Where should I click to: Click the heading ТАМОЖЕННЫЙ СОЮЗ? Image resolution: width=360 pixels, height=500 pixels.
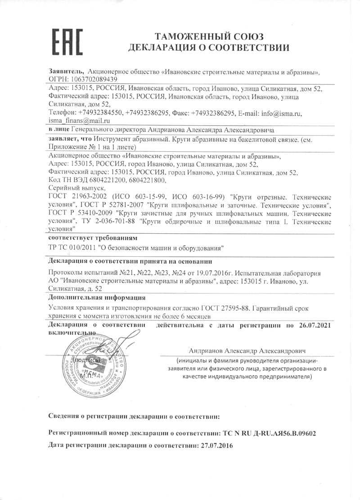pos(209,36)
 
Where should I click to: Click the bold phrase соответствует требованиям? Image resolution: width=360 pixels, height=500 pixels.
pos(91,237)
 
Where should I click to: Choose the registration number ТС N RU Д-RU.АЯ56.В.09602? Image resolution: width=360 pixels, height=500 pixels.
pos(269,433)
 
